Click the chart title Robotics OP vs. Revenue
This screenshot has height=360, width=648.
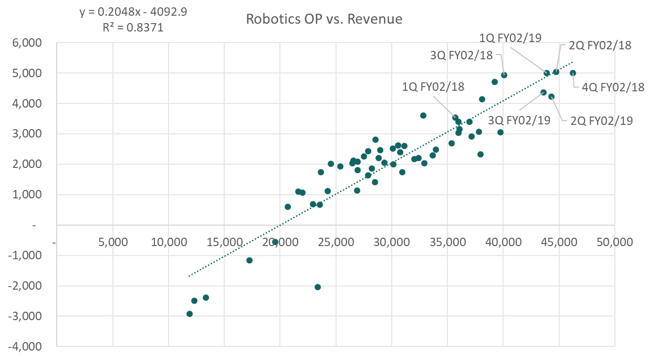click(324, 20)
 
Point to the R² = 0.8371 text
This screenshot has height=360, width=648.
click(133, 27)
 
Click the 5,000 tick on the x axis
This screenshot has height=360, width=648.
click(113, 243)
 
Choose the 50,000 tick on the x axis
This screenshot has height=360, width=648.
click(614, 243)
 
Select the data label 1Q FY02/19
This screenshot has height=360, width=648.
click(510, 37)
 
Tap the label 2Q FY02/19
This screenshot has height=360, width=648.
click(601, 121)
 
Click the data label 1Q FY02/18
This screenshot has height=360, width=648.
click(433, 87)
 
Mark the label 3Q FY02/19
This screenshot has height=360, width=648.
click(519, 120)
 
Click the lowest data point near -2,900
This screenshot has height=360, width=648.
click(190, 314)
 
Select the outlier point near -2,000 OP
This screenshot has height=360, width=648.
click(318, 287)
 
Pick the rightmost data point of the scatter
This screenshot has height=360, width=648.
click(573, 73)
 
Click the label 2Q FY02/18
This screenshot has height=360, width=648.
click(600, 45)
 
